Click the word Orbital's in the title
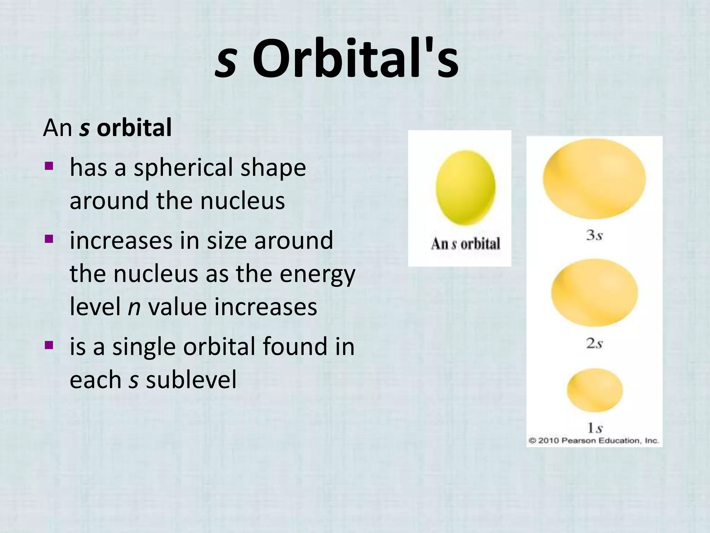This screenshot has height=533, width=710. point(355,59)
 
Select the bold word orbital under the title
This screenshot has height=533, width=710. point(134,128)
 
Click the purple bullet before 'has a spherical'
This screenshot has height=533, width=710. point(49,166)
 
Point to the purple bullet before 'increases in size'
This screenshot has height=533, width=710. point(49,239)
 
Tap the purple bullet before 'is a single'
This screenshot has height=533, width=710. point(49,345)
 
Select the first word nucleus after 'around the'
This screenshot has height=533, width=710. point(242,201)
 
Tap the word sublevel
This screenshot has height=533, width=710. point(191,380)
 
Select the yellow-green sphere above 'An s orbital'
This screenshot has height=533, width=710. point(466,188)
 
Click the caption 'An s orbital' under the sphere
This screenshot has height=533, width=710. point(466,244)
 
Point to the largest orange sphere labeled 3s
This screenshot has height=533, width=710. point(594,179)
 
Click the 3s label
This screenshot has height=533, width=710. point(594,235)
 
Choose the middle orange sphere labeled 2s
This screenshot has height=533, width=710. point(594,293)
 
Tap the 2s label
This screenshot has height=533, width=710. point(594,344)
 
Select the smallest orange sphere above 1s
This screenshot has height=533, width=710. point(594,390)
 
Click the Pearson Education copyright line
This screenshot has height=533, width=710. point(593,441)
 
